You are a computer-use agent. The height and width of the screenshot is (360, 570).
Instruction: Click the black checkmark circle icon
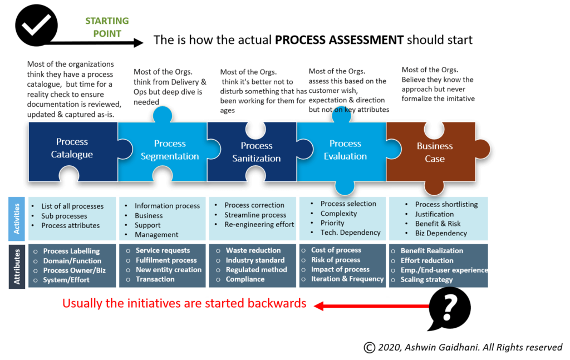[x=36, y=25]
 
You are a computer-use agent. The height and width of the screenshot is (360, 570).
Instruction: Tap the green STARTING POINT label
[x=107, y=27]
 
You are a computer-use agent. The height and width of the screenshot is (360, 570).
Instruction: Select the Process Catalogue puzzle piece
[x=73, y=151]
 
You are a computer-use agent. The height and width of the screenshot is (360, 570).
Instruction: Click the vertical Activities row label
[x=17, y=219]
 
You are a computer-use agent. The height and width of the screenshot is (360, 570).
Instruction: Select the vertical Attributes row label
[x=17, y=267]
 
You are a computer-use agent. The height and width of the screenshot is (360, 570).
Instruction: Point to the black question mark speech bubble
[x=449, y=308]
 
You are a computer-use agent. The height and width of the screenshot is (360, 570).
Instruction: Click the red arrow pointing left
[x=371, y=306]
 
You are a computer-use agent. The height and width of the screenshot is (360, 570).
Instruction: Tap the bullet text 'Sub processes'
[x=64, y=216]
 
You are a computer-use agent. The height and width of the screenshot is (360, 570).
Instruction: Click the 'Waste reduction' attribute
[x=253, y=250]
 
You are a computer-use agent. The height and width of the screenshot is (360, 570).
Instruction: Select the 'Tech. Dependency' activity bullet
[x=351, y=233]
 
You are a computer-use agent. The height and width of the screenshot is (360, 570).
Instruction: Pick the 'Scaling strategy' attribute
[x=426, y=280]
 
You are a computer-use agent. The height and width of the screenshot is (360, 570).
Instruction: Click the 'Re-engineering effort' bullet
[x=259, y=224]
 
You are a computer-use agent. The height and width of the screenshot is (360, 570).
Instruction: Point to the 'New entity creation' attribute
[x=169, y=269]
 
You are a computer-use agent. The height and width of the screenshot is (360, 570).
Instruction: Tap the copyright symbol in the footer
[x=370, y=348]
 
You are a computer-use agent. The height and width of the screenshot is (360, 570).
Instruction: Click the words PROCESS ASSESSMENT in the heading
[x=339, y=40]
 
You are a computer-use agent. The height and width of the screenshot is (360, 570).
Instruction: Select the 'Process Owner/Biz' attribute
[x=75, y=270]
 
